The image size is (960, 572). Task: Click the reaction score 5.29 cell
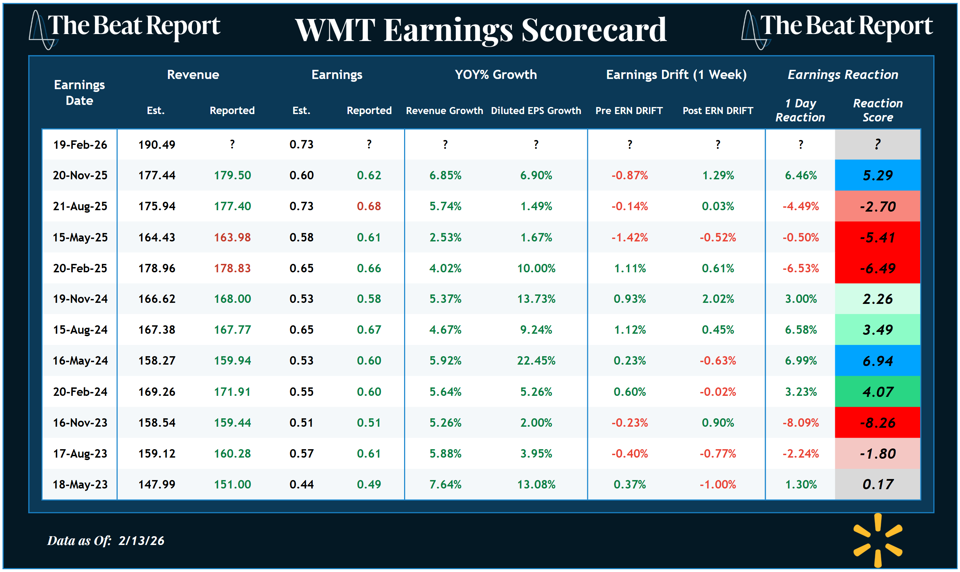877,175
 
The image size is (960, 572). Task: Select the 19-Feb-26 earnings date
80,145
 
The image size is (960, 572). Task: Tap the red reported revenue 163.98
232,237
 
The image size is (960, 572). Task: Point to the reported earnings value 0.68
369,206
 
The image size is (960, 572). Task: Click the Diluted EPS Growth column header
536,111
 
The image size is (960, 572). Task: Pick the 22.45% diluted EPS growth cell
536,360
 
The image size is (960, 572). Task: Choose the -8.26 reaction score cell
877,423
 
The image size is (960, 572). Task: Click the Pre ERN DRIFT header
629,111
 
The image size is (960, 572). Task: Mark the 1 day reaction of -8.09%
800,423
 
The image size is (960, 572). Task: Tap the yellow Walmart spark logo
877,540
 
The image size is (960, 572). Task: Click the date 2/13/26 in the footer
141,540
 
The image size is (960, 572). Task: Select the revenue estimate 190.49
157,145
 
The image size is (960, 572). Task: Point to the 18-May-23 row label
80,484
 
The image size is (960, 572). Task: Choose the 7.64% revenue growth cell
445,484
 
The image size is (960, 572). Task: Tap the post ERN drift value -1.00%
717,484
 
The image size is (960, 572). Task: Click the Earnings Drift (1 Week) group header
676,74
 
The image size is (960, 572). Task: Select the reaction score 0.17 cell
877,484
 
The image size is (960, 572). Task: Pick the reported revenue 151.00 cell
232,484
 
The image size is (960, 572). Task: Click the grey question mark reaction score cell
877,145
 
